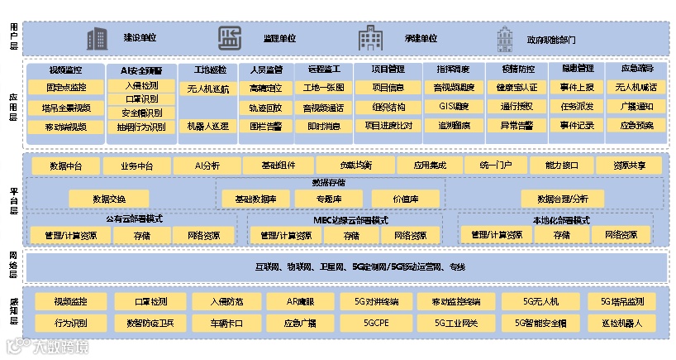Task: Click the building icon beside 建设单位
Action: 97,38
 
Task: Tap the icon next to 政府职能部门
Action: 504,38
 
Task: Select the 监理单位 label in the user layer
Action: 279,38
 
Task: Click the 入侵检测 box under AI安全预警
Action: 140,85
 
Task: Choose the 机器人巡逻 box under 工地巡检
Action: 208,126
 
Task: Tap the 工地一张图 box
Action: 323,87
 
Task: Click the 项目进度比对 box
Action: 388,126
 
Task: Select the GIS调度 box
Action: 452,107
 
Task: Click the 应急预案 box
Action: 636,126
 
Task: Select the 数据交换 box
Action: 109,199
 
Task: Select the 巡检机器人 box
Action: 627,322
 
